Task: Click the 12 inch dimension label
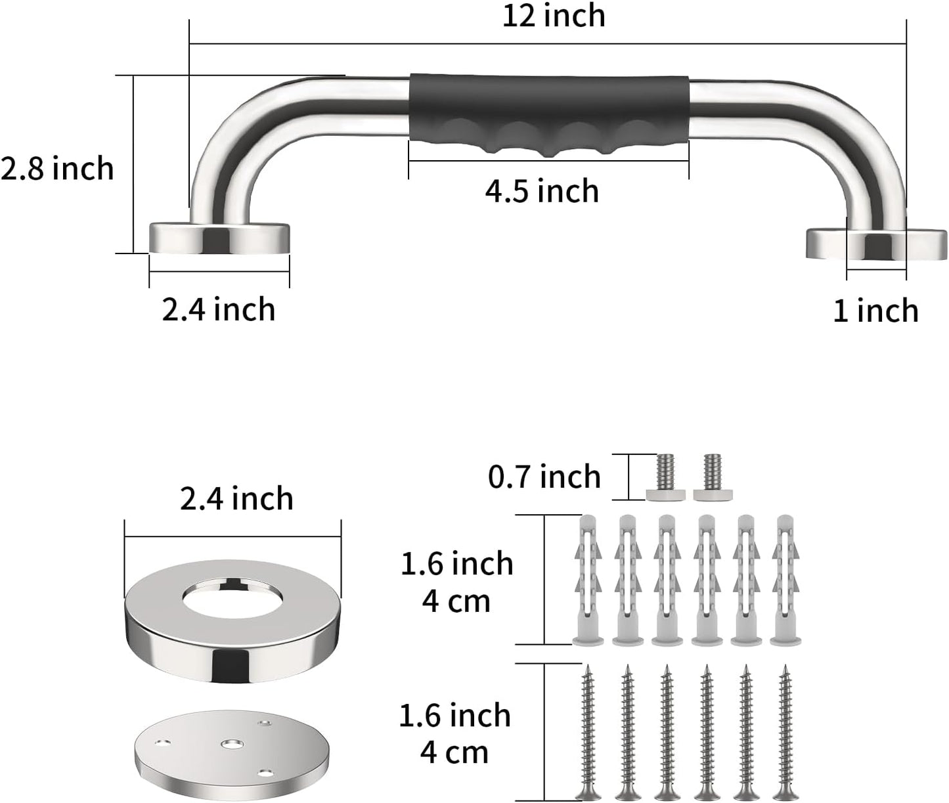coord(554,16)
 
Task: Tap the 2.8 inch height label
coord(57,169)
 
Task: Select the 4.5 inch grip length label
coord(542,191)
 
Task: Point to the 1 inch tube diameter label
coord(875,310)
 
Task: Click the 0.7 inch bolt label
coord(544,477)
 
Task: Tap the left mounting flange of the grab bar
coord(219,238)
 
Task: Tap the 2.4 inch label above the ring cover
coord(236,499)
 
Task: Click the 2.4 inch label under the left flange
coord(219,309)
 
